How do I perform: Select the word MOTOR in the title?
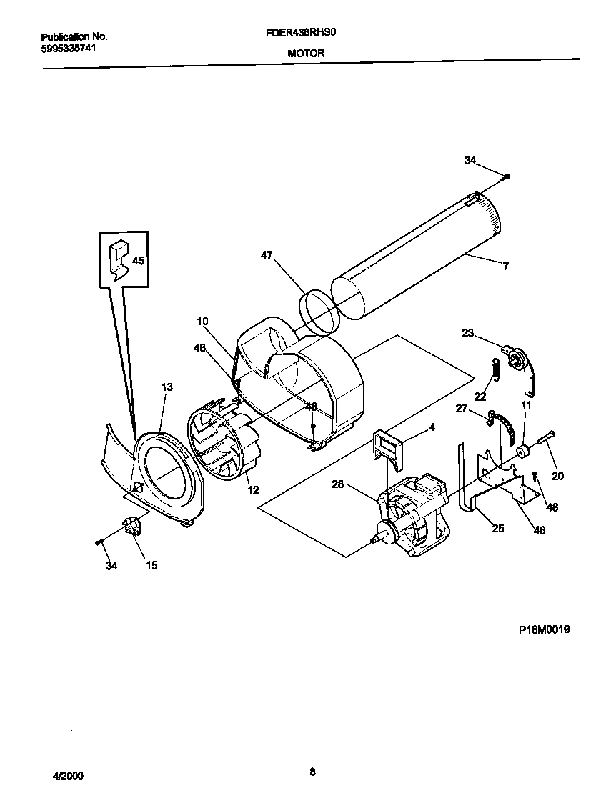(306, 54)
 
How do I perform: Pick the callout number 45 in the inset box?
(138, 261)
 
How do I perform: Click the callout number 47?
(267, 255)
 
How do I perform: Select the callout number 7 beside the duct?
(505, 266)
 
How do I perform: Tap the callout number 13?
(167, 387)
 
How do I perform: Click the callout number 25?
(498, 528)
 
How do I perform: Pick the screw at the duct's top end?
(507, 176)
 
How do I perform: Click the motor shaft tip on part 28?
(374, 544)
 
